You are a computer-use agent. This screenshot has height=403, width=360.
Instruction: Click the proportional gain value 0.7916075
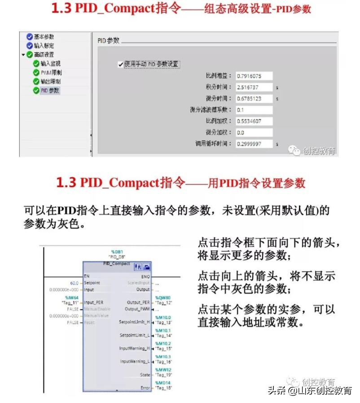254,76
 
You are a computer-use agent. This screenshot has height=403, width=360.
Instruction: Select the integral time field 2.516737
254,87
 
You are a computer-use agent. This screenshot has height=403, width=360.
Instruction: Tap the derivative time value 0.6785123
254,98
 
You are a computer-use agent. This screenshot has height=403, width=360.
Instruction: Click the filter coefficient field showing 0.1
254,110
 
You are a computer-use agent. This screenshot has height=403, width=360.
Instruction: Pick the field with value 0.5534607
254,121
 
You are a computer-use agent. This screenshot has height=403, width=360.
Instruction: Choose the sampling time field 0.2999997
254,144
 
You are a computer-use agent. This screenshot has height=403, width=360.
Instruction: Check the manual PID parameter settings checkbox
120,64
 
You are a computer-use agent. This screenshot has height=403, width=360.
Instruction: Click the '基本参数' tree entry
44,37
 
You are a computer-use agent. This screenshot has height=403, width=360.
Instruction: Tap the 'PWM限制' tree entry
51,73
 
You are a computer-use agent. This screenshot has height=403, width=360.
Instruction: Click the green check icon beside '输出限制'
36,82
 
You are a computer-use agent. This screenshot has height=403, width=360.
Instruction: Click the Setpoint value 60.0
74,283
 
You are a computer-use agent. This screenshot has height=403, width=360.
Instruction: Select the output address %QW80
162,298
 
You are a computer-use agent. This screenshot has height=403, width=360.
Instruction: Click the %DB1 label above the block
117,252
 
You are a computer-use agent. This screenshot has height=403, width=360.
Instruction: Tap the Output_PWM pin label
137,309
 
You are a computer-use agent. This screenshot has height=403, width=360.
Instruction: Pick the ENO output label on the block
145,276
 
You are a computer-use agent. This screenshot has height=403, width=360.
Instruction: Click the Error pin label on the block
145,387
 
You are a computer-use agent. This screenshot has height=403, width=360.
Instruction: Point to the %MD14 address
162,383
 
